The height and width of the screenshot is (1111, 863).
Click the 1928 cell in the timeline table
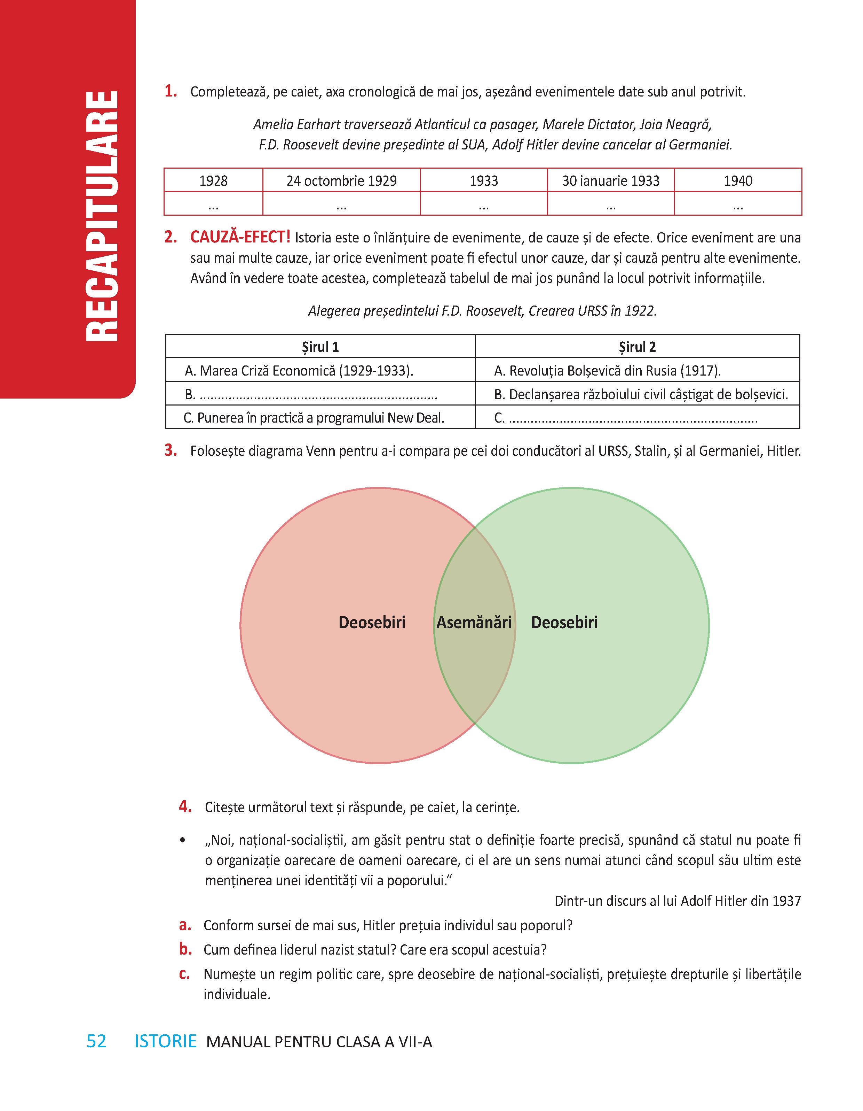click(213, 180)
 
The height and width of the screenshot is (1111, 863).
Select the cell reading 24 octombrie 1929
click(341, 180)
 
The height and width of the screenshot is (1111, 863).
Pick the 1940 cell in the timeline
click(738, 180)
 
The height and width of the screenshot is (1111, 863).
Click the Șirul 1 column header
click(320, 347)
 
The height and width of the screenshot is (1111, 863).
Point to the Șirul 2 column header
click(638, 347)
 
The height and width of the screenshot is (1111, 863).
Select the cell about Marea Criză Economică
click(299, 371)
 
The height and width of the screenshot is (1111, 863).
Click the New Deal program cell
click(314, 418)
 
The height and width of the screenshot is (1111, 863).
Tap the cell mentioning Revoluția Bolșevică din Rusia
click(607, 371)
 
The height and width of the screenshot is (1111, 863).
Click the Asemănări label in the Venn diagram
click(474, 622)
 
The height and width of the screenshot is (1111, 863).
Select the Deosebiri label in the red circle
click(372, 622)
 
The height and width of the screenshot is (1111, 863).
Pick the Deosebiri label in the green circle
click(564, 622)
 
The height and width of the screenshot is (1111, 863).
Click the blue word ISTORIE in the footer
click(165, 1041)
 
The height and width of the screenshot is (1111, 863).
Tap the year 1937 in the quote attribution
click(786, 901)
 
